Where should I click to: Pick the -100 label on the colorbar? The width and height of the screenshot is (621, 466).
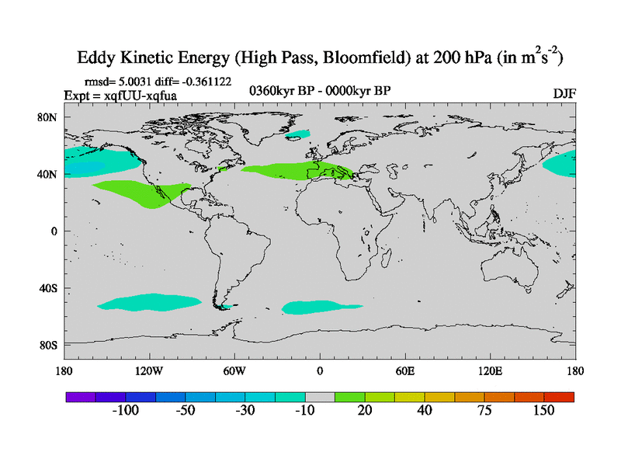[x=126, y=410]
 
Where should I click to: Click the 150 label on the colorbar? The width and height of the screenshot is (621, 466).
[x=543, y=410]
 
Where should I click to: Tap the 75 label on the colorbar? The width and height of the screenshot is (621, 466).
[x=484, y=410]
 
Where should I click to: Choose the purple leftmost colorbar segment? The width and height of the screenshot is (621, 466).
[x=80, y=397]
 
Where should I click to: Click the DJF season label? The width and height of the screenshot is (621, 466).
[x=564, y=93]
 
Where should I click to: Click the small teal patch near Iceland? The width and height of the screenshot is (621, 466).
[x=297, y=135]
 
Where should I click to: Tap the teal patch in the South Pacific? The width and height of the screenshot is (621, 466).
[x=147, y=301]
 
